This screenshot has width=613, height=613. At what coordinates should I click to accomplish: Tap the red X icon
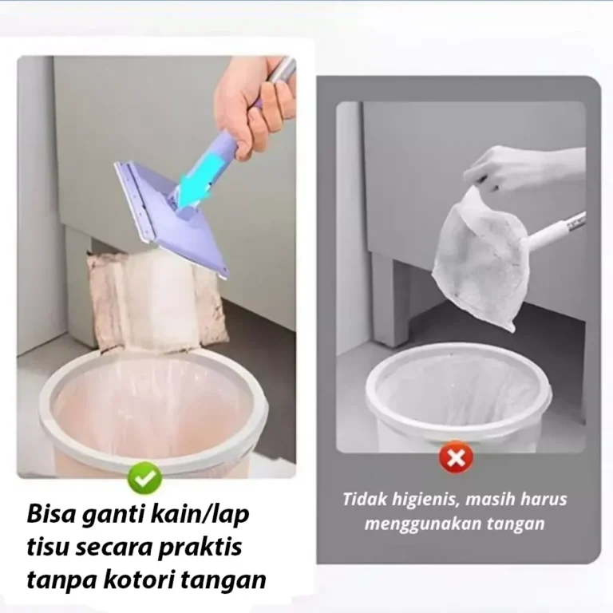click(x=456, y=457)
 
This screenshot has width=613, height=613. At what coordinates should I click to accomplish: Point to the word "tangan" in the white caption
click(x=518, y=524)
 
